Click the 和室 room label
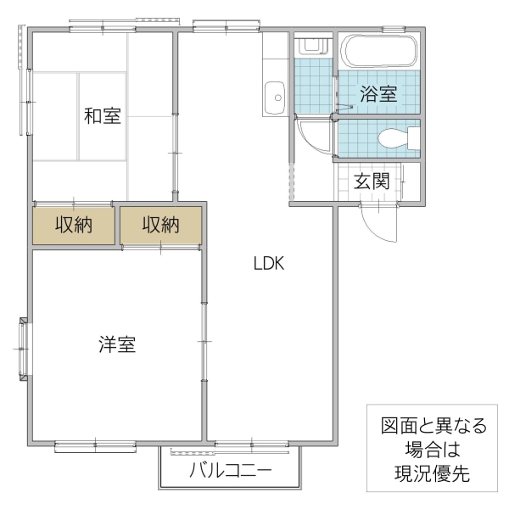tap(102, 115)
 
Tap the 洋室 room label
tap(117, 344)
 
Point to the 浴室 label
tap(378, 93)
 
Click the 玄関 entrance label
tap(372, 180)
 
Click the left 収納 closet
tap(74, 226)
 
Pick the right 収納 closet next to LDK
tap(161, 226)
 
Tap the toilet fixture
tap(400, 137)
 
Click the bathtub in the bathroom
tap(378, 53)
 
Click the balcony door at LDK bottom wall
tap(252, 444)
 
